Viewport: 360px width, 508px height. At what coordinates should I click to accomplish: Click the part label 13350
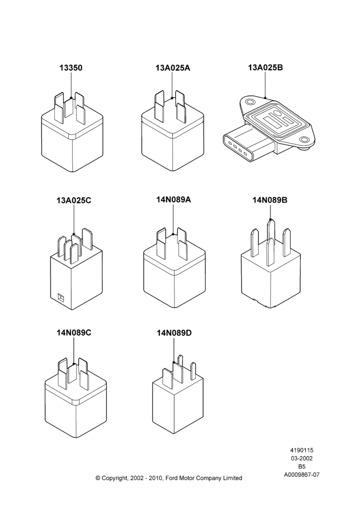point(71,68)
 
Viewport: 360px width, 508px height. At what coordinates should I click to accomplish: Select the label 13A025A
point(172,68)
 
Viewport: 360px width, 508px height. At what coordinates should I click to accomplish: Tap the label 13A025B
point(265,68)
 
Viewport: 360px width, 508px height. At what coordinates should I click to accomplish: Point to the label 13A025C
point(74,200)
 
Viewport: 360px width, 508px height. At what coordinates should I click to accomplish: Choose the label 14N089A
point(173,200)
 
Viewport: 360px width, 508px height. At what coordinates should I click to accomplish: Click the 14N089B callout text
point(270,200)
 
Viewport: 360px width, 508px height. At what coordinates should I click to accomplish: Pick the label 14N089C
point(74,332)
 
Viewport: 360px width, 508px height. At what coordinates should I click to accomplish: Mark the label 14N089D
point(174,333)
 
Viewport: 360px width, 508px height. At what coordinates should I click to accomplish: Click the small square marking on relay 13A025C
point(61,297)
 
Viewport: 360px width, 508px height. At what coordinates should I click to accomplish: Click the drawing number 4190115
point(302,450)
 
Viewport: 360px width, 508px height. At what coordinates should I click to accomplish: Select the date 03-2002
point(302,458)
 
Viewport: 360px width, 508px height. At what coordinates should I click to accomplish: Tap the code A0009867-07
point(302,474)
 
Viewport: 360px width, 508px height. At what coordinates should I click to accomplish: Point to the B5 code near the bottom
point(302,466)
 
